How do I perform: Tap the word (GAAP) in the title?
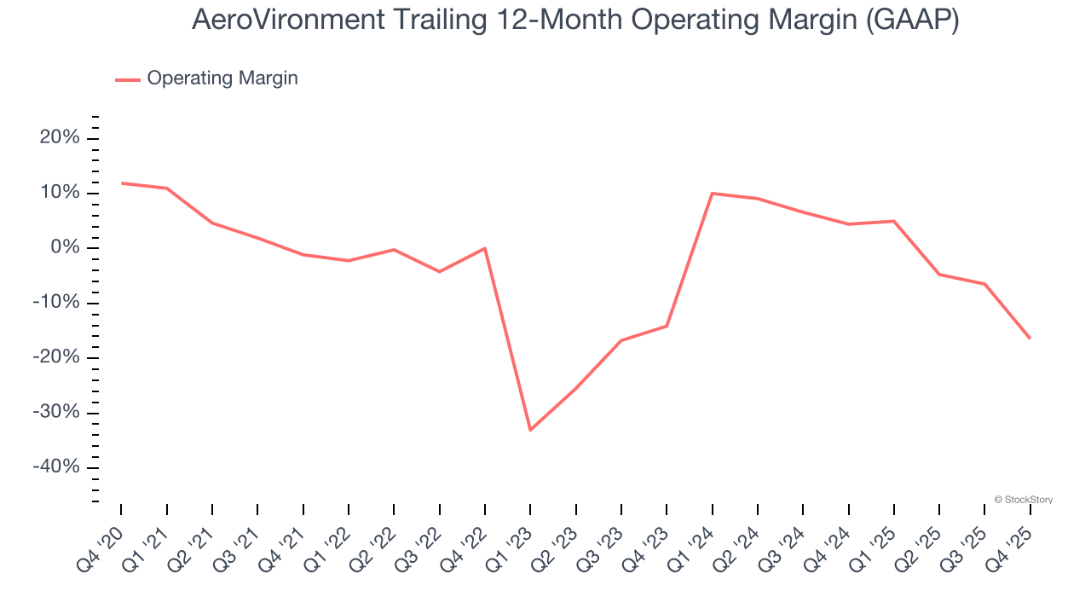[x=912, y=20]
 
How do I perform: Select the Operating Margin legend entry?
[x=222, y=78]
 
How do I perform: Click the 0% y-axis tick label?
[x=65, y=248]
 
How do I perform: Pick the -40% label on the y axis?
[x=56, y=467]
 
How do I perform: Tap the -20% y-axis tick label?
[x=56, y=357]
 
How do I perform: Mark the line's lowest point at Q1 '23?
[x=530, y=430]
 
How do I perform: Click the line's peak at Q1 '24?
[x=712, y=194]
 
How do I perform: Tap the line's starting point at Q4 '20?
[x=121, y=182]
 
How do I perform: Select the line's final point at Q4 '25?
[x=1030, y=339]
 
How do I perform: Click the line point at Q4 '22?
[x=485, y=248]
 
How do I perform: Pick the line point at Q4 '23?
[x=667, y=326]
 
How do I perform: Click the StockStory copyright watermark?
[x=1023, y=500]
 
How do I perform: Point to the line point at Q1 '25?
[x=893, y=221]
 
